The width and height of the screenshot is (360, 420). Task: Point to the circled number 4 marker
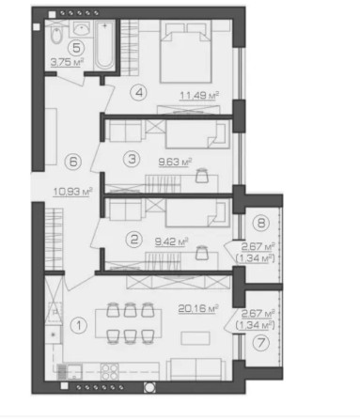point(139,92)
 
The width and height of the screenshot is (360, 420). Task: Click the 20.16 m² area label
point(198,306)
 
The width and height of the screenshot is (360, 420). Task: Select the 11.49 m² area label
point(199,95)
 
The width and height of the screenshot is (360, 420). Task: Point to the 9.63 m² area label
point(175,161)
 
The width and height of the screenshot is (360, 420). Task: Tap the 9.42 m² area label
point(175,241)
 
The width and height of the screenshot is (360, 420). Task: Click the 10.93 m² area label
point(73,192)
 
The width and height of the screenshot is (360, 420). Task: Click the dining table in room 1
point(132,322)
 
